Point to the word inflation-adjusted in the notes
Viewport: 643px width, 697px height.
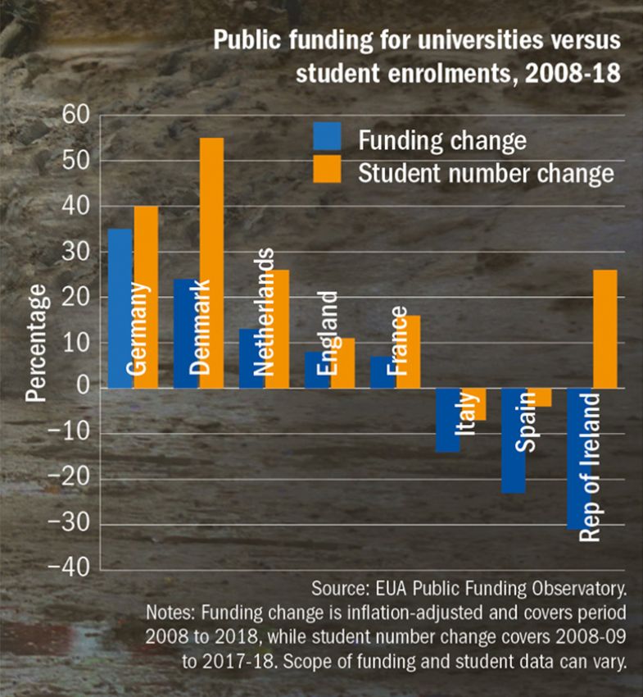click(389, 614)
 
